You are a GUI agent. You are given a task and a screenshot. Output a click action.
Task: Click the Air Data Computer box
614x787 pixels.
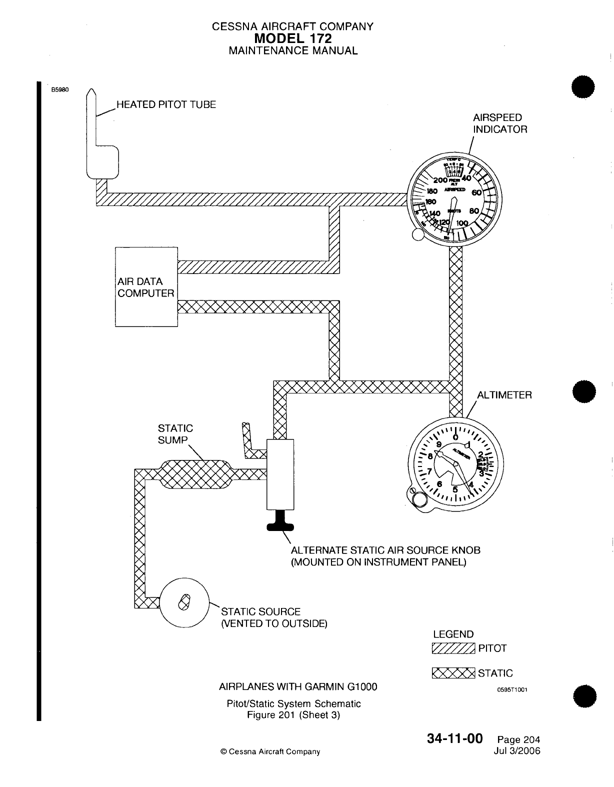point(146,286)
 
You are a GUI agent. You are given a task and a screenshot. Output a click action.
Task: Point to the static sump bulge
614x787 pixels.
point(195,473)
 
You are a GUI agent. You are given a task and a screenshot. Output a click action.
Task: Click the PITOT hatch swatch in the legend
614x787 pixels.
point(453,648)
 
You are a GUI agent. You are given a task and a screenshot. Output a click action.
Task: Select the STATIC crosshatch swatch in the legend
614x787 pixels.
point(453,673)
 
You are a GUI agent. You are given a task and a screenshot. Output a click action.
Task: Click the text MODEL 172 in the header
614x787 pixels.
point(292,38)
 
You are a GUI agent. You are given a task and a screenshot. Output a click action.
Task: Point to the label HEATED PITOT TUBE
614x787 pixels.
point(166,104)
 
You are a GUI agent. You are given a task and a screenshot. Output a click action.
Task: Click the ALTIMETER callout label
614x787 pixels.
point(504,395)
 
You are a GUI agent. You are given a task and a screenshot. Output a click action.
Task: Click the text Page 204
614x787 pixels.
point(518,740)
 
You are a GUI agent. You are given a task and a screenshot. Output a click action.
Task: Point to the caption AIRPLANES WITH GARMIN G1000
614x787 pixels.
point(298,686)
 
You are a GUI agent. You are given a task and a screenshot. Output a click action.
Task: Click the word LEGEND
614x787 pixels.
point(453,634)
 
